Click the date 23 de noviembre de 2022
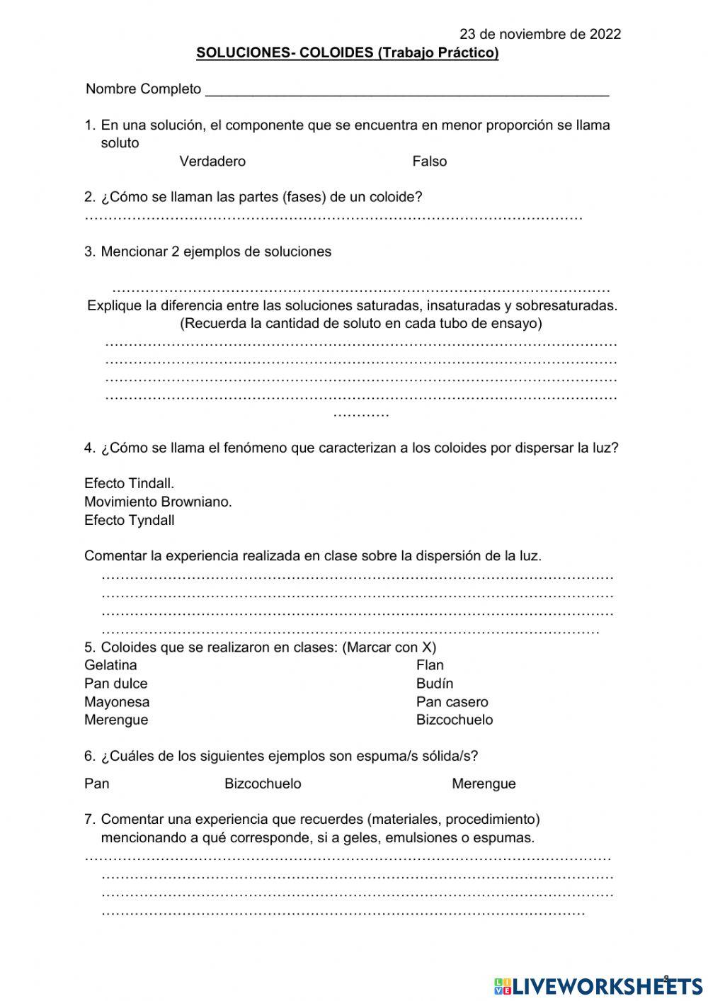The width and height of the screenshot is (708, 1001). tap(540, 34)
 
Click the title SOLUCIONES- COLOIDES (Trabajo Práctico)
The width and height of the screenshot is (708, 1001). tap(347, 53)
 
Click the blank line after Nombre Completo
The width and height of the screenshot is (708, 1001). tap(406, 91)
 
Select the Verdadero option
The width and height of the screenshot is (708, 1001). tap(212, 162)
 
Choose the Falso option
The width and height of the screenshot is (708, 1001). tap(430, 162)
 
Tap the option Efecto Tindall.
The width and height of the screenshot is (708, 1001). tap(129, 484)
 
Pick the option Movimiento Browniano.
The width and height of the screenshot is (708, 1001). tap(158, 502)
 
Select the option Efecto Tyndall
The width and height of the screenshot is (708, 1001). tap(129, 521)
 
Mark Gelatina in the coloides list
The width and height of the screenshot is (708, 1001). tap(110, 665)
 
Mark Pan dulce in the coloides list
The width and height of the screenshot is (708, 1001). tap(115, 684)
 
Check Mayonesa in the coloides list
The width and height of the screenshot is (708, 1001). tap(117, 702)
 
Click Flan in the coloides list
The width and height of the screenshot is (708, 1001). tap(430, 665)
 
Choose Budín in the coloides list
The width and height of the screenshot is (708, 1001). tap(435, 684)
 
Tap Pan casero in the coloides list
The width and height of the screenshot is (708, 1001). tap(452, 702)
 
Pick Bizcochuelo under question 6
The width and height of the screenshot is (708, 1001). tap(263, 784)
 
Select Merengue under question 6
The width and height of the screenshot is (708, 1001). tap(484, 784)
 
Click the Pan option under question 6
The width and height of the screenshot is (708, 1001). tap(96, 784)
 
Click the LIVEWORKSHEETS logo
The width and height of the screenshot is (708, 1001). tap(598, 985)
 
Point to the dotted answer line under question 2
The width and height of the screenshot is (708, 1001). tap(333, 217)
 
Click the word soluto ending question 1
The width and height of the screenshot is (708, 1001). tap(120, 143)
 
